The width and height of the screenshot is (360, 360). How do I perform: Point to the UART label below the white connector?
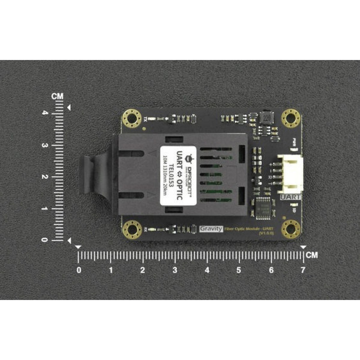click(290, 197)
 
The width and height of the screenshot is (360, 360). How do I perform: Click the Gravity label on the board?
click(211, 229)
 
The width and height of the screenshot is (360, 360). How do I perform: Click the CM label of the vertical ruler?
click(57, 96)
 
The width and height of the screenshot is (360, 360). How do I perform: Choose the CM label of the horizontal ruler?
click(312, 255)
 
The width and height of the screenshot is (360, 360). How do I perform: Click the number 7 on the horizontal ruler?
click(303, 270)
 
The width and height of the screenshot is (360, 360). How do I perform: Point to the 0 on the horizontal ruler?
click(79, 270)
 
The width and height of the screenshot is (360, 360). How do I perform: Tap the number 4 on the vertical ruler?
click(45, 113)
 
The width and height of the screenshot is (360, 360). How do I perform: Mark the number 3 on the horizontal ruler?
click(175, 270)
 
